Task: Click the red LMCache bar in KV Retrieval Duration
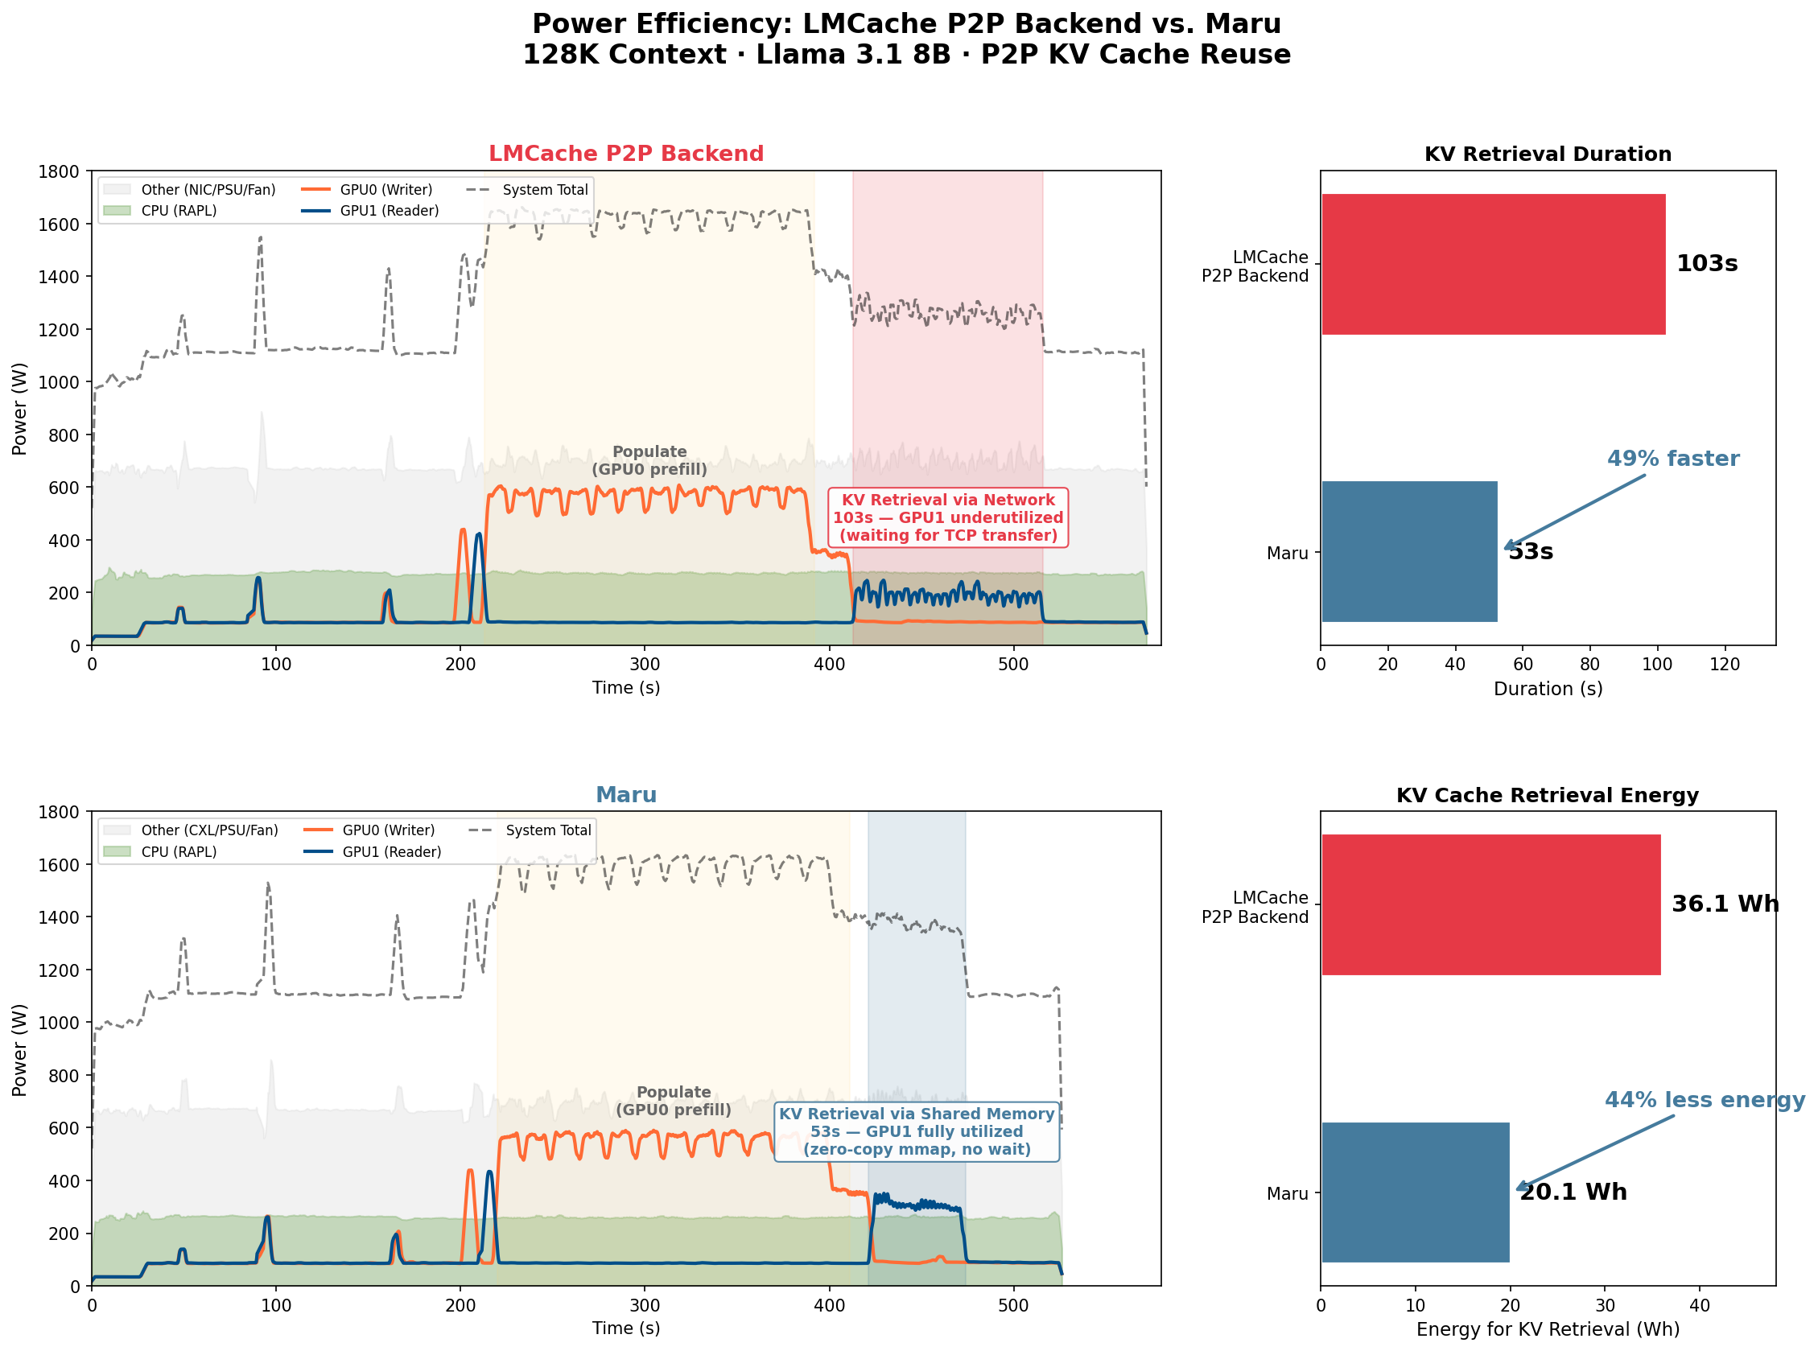point(1493,264)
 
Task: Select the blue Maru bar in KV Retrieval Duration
point(1408,552)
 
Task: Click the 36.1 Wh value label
point(1724,904)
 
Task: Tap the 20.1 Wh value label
point(1573,1192)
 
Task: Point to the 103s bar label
point(1706,264)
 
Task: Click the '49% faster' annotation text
point(1672,459)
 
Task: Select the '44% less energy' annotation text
point(1705,1100)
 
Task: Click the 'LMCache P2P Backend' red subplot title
point(625,154)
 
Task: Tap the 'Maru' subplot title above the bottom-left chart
point(625,795)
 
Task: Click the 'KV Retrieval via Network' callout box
point(948,517)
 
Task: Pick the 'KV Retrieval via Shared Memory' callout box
point(916,1132)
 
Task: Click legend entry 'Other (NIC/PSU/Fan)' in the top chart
point(208,190)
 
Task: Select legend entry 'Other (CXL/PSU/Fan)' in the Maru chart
point(209,831)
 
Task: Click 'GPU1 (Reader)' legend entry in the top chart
point(390,211)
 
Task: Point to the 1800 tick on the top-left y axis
point(63,171)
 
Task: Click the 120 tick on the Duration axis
point(1725,665)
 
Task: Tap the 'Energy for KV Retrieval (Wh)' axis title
point(1548,1330)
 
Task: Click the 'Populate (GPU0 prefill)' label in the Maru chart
point(673,1102)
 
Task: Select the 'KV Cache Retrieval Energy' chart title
point(1548,796)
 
